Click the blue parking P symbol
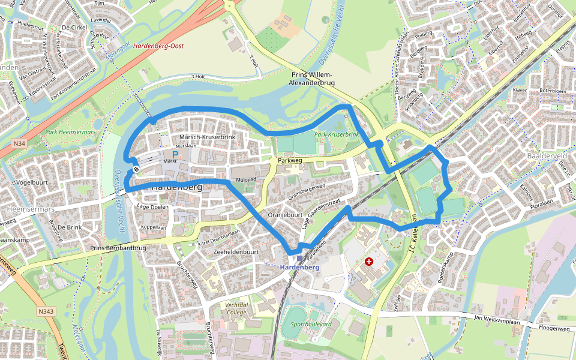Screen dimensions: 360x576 tap(175, 154)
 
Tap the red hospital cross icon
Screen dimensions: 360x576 tap(369, 262)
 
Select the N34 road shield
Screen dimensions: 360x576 tap(19, 144)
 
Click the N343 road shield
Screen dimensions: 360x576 tap(46, 311)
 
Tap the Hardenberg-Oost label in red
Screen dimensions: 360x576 tap(158, 46)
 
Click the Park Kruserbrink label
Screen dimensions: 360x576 tap(336, 134)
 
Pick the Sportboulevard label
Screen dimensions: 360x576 tap(311, 324)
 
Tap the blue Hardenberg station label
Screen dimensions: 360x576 tap(300, 266)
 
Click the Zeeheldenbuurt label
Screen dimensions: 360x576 tap(236, 253)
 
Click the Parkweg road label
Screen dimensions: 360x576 tap(289, 160)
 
